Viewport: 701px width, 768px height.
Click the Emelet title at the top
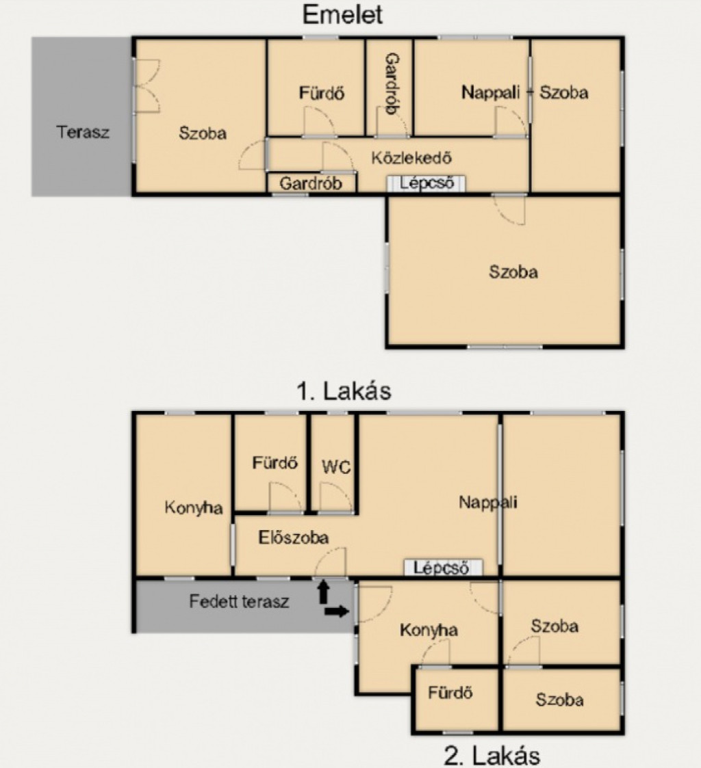[x=342, y=14]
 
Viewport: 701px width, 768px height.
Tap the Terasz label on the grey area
[x=83, y=132]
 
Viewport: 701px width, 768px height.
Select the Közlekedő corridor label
[x=411, y=158]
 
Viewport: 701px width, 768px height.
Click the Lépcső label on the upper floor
[x=426, y=183]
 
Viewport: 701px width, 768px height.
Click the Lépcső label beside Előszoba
[x=441, y=568]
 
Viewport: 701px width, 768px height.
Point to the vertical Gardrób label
[x=393, y=84]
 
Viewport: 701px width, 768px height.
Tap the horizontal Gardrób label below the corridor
[x=311, y=183]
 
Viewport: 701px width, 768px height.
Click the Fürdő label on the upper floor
[x=322, y=92]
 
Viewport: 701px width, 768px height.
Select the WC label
[x=336, y=467]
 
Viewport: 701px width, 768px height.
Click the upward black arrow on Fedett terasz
[x=323, y=591]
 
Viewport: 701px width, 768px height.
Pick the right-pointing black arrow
[x=337, y=611]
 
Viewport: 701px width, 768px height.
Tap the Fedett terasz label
[x=239, y=601]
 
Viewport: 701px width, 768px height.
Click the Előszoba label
[x=293, y=538]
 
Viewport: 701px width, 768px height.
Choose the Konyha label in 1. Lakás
[x=194, y=508]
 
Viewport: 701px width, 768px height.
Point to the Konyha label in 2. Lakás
[x=429, y=631]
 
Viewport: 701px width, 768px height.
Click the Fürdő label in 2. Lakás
[x=450, y=692]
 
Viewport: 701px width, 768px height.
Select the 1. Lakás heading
[x=344, y=391]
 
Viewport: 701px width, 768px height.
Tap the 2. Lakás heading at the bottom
[x=492, y=755]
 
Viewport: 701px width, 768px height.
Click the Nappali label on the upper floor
[x=490, y=92]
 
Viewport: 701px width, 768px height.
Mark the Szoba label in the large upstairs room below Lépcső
[x=513, y=272]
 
